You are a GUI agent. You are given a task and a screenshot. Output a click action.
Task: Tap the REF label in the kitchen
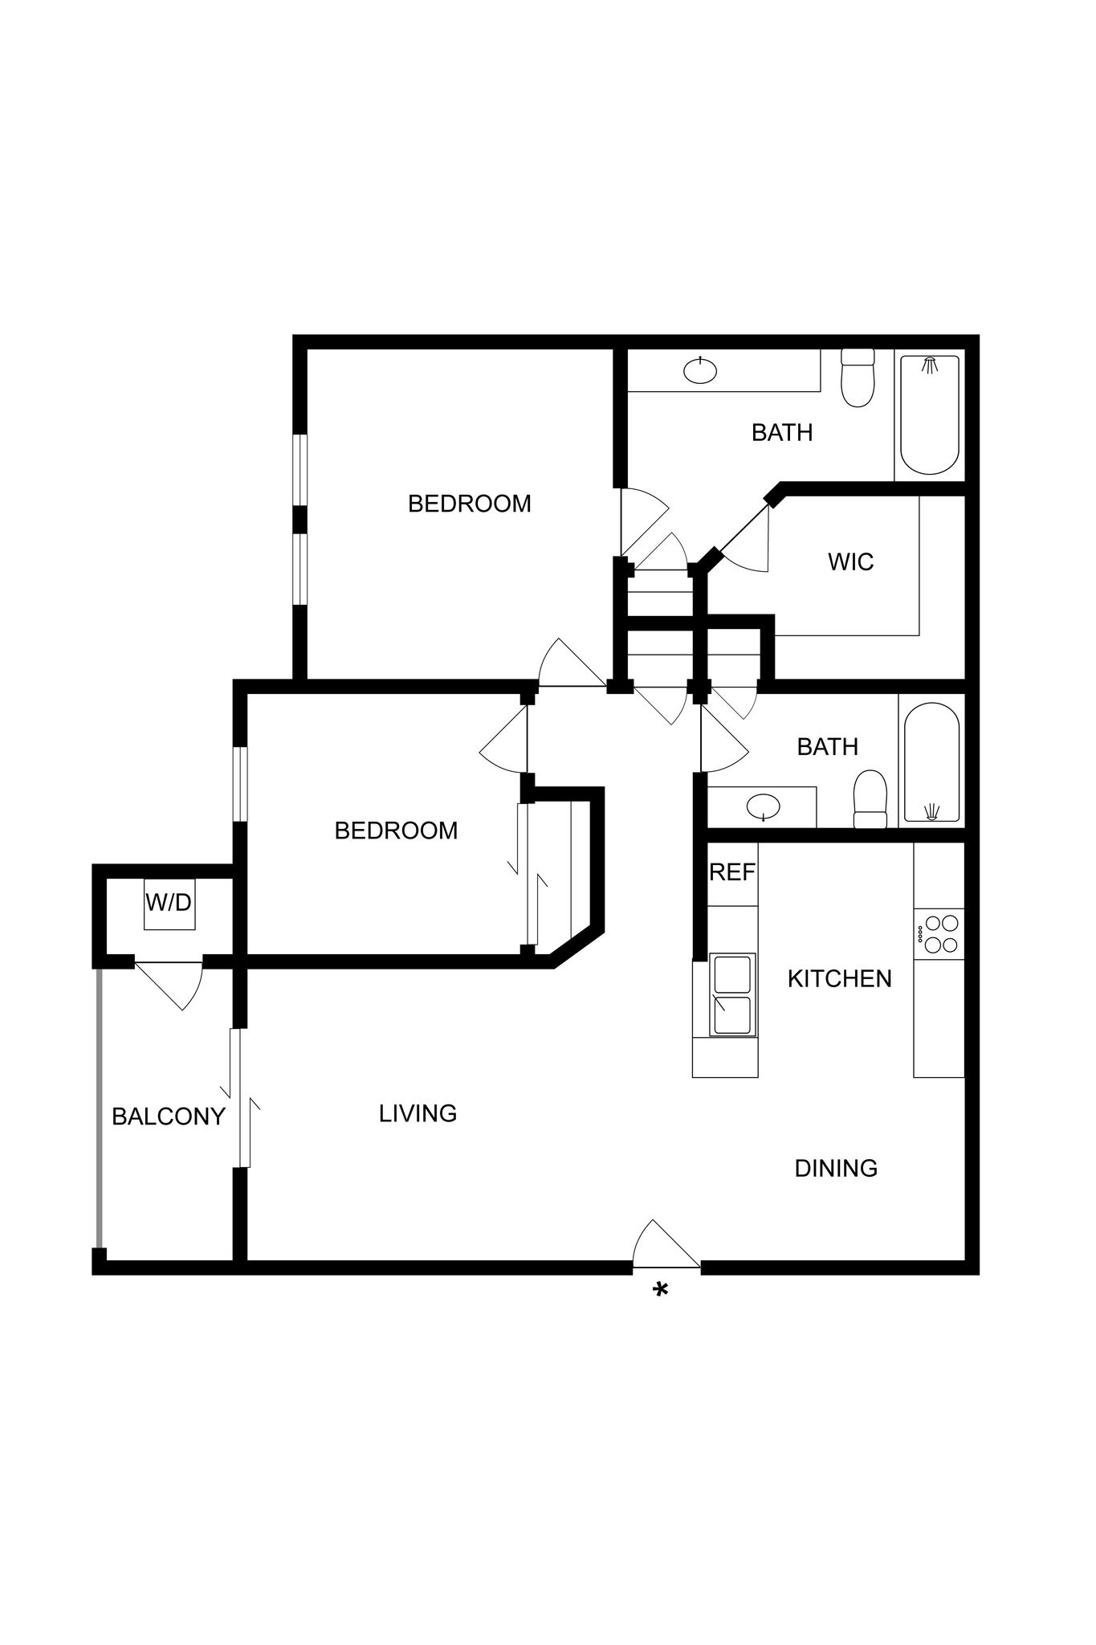pos(731,872)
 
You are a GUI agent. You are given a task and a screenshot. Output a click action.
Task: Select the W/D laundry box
pos(169,904)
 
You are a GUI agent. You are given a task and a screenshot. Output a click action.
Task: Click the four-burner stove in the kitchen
pos(940,934)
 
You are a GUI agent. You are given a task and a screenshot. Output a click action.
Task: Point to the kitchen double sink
pos(731,994)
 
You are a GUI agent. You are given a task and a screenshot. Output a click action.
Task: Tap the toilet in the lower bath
pos(870,800)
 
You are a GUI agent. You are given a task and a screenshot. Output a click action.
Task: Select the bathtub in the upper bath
pos(930,414)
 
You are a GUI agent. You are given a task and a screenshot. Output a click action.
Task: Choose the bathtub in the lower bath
pos(931,763)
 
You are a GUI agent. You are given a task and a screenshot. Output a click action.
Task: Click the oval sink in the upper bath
pos(700,370)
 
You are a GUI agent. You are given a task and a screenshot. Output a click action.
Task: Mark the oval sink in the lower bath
pos(762,806)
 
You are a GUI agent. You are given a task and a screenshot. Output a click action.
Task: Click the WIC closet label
pos(850,561)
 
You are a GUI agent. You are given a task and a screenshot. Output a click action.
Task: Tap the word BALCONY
pos(168,1116)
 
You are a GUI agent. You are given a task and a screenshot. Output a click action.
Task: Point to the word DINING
pos(835,1168)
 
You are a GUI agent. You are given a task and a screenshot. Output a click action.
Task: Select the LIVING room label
pos(418,1113)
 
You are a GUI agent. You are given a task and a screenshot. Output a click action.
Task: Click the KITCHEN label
pos(839,978)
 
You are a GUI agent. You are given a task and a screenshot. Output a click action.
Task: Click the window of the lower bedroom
pos(240,784)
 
